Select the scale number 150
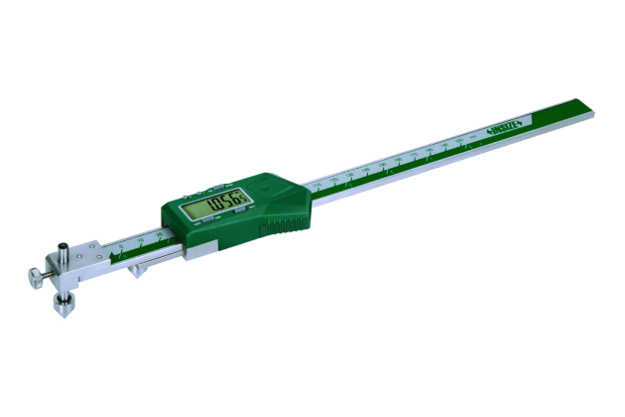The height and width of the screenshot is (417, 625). click(398, 160)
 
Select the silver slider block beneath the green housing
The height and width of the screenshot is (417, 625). click(195, 254)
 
